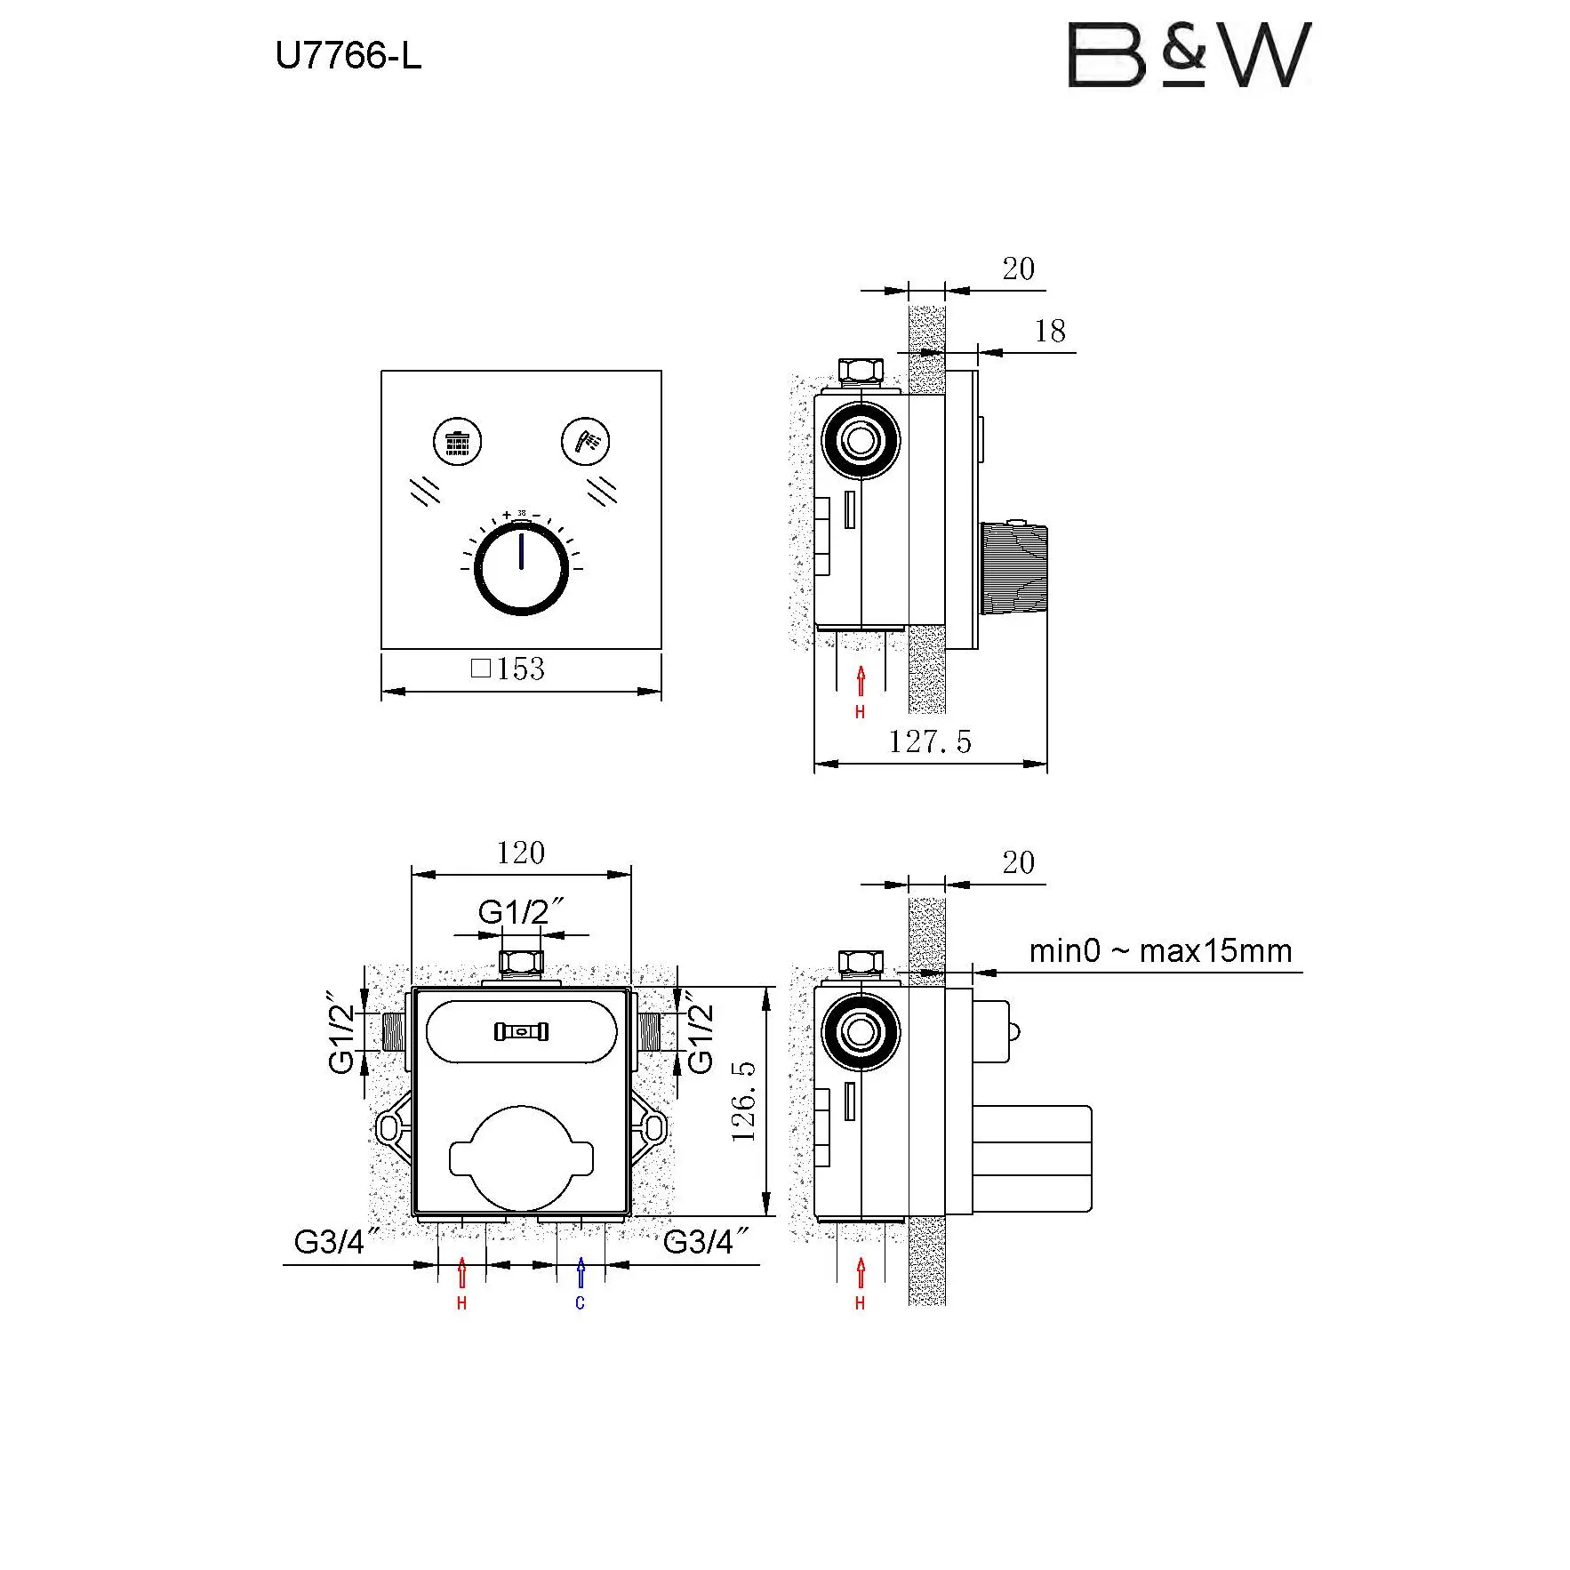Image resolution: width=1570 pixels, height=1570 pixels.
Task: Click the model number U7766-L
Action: [x=348, y=56]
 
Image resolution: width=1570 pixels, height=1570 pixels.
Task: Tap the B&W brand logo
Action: [x=1189, y=55]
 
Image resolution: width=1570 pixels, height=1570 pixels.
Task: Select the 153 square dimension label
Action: [x=508, y=669]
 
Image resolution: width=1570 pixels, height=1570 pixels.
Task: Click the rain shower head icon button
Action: [x=457, y=441]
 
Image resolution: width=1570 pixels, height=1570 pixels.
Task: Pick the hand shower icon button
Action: [x=586, y=441]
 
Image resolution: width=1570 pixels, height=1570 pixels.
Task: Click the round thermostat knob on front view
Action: [x=521, y=568]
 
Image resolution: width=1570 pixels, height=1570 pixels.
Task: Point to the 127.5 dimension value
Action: [x=930, y=741]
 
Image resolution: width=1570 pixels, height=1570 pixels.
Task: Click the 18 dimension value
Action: [x=1050, y=332]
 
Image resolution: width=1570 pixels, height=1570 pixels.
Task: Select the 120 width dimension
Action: [x=521, y=853]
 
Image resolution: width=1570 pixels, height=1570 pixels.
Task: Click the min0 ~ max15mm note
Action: [x=1160, y=951]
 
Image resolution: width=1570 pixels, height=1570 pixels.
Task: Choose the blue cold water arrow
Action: [x=581, y=1272]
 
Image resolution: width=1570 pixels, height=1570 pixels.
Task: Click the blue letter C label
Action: [x=581, y=1303]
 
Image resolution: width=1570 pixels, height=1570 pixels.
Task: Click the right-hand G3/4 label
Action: [x=706, y=1242]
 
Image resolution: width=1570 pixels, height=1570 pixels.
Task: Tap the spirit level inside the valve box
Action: [x=521, y=1031]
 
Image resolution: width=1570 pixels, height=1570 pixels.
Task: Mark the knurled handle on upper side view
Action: [x=1013, y=568]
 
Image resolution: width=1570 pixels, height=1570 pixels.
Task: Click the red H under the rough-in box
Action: [x=461, y=1303]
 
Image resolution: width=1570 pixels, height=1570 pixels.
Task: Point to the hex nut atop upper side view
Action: [x=861, y=370]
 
